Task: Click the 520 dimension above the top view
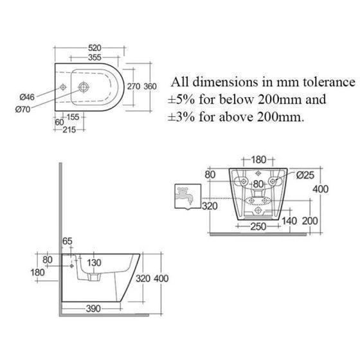click(x=94, y=48)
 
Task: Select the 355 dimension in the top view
click(x=94, y=57)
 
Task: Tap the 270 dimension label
click(x=134, y=87)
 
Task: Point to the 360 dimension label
click(x=150, y=87)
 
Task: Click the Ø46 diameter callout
click(x=27, y=97)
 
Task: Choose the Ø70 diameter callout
click(x=22, y=109)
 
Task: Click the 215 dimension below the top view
click(x=69, y=130)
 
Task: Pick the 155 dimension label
click(x=73, y=117)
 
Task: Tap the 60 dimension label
click(x=59, y=122)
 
